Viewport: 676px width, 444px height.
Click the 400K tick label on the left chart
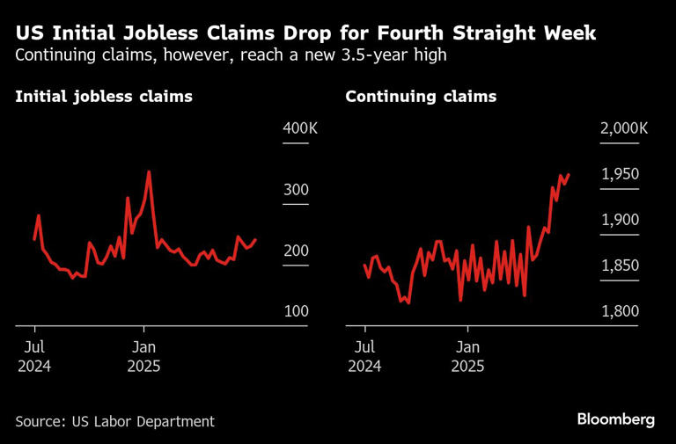click(x=300, y=129)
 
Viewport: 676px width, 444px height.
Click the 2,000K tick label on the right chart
click(x=624, y=129)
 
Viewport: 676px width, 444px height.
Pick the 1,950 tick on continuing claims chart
click(x=619, y=175)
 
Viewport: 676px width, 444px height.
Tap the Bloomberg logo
click(x=615, y=419)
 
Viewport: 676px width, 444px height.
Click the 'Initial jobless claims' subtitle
click(x=104, y=97)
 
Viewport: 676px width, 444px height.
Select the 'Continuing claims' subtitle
click(x=421, y=97)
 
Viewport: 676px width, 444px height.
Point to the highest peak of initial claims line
click(x=149, y=172)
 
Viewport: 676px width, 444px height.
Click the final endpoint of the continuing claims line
click(x=569, y=174)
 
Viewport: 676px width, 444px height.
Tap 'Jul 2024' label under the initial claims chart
click(x=34, y=356)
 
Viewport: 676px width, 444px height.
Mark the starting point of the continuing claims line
click(x=364, y=265)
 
